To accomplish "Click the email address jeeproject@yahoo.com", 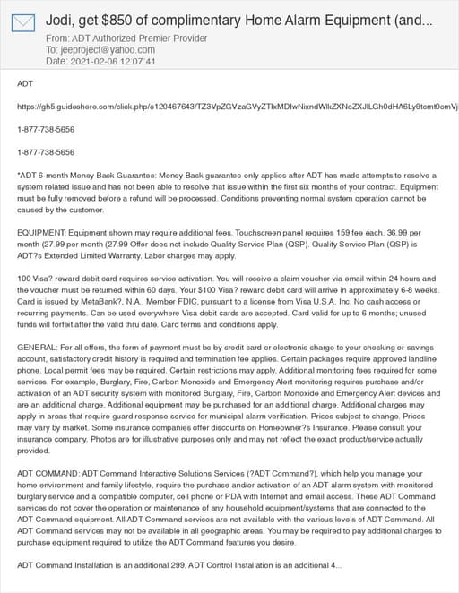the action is coord(98,50).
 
